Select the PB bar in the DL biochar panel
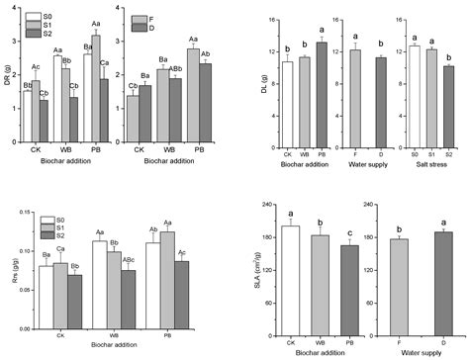point(320,94)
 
